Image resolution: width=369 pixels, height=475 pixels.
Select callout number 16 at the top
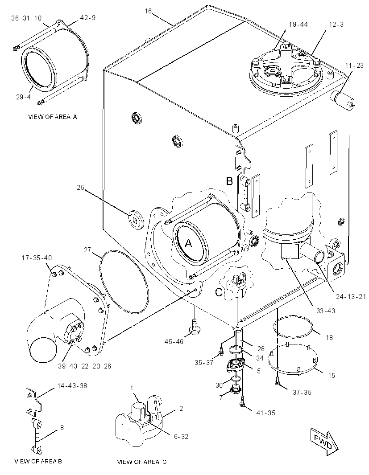coord(148,11)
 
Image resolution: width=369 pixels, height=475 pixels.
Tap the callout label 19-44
coord(298,24)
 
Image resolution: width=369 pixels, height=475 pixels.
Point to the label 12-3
coord(336,24)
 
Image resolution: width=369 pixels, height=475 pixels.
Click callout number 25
coord(80,188)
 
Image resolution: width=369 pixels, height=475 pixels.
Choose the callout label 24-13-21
coord(350,297)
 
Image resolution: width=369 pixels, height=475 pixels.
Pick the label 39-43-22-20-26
coord(85,366)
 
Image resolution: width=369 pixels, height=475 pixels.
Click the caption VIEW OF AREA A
coord(53,117)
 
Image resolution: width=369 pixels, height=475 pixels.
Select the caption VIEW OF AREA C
coord(142,462)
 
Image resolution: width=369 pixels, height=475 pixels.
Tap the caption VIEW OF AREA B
coord(38,461)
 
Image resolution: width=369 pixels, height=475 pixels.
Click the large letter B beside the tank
coord(229,181)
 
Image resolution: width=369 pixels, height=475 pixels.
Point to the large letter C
coord(219,292)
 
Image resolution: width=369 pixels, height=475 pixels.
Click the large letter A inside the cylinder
coord(188,243)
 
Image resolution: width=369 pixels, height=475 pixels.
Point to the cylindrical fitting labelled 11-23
coord(345,100)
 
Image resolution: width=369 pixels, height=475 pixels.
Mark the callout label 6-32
coord(181,437)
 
